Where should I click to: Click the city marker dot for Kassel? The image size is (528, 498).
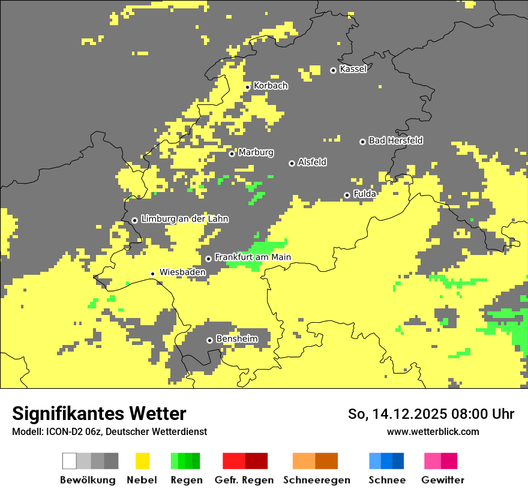coord(333,70)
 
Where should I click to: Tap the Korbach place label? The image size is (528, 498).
coord(271,86)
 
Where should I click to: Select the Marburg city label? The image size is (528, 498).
coord(256,152)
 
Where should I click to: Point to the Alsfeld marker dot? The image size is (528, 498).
coord(292,163)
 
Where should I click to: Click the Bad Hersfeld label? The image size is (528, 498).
coord(395,140)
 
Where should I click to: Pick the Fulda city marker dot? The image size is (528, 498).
coord(347,195)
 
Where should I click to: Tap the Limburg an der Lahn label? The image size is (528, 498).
coord(184,219)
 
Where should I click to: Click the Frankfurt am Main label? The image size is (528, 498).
coord(253,257)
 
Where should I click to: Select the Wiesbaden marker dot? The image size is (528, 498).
coord(152,274)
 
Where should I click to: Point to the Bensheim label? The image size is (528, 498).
coord(236,339)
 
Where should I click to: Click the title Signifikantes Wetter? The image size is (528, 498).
coord(99,413)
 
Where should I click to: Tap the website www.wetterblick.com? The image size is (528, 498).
coord(433,431)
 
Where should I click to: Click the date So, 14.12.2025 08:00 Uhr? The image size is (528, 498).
coord(431,414)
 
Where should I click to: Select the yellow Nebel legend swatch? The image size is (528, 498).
coord(142,461)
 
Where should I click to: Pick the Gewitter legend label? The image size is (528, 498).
coord(442,480)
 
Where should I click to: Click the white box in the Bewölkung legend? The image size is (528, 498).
coord(70,461)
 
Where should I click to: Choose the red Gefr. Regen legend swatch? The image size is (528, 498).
coord(234,461)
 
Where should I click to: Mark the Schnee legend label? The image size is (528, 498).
coord(386,480)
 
